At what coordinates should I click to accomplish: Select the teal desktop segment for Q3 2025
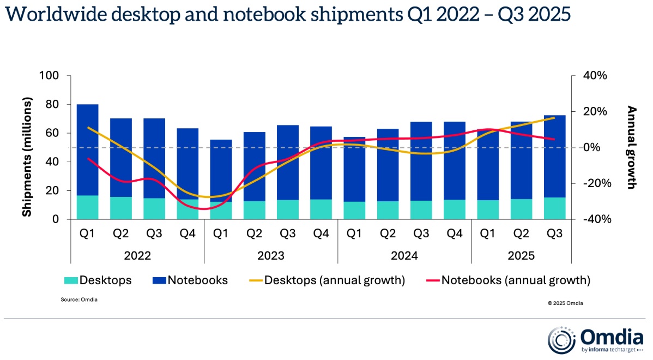point(555,208)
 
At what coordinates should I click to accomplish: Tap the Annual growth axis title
point(631,147)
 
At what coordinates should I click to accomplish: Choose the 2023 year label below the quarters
point(271,255)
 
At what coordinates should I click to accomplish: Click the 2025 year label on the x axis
point(522,255)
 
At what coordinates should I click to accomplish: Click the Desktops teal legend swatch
point(71,281)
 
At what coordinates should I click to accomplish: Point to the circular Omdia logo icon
point(561,340)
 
